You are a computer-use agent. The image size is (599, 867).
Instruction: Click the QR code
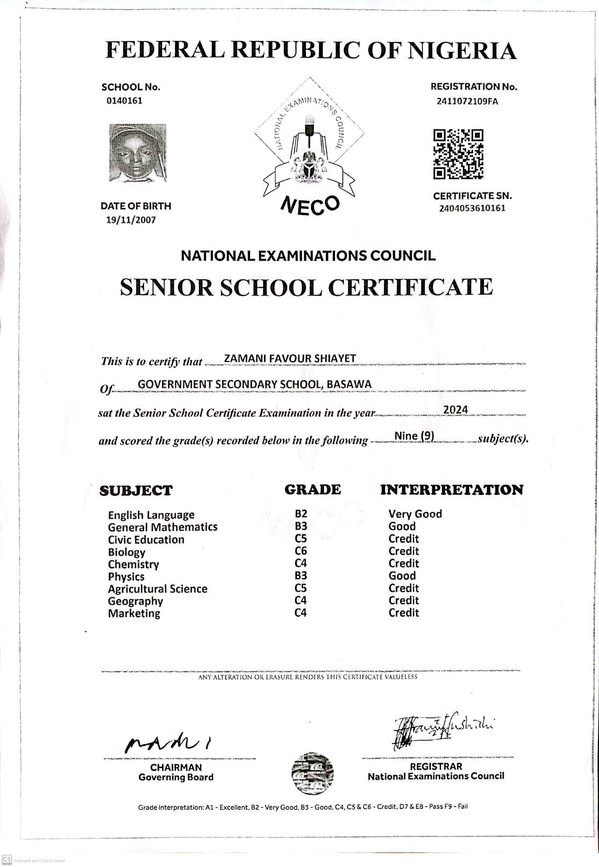458,154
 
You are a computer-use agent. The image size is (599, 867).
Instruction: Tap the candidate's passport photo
138,153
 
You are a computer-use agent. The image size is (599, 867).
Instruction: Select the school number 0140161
124,101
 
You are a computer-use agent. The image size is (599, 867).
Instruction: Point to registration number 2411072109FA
467,101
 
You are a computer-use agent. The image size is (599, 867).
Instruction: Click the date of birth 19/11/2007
131,219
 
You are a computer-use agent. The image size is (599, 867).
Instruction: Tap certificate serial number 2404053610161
472,208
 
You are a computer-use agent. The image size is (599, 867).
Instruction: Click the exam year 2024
455,410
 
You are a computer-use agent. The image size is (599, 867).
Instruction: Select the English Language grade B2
301,514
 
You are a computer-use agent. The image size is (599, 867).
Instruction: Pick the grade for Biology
301,551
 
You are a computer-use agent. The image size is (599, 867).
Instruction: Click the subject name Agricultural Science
158,589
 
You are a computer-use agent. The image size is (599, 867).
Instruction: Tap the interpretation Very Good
415,514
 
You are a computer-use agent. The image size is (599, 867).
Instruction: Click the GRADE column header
312,489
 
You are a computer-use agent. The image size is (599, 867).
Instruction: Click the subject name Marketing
134,614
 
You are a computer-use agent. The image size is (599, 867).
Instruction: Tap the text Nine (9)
414,436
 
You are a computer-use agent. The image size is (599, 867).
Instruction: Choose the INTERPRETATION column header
451,489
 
